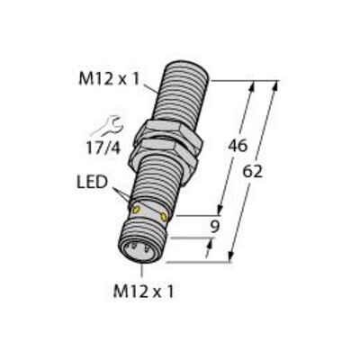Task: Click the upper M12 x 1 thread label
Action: point(109,79)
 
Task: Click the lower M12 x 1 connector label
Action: point(143,292)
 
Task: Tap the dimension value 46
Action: point(238,146)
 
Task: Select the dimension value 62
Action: point(252,172)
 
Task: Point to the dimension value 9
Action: point(214,227)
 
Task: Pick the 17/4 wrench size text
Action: point(103,148)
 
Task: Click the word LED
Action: point(92,183)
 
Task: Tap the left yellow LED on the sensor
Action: point(136,210)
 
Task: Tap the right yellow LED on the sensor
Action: point(164,216)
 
